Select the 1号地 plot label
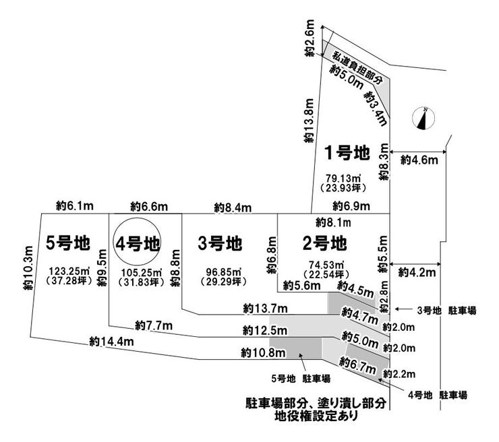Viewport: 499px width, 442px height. coord(347,153)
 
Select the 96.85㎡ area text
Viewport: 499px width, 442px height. coord(218,272)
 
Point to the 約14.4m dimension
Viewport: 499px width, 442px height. coord(111,342)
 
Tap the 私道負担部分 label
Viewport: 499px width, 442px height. coord(354,65)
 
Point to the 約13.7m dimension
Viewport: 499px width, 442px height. coord(266,309)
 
